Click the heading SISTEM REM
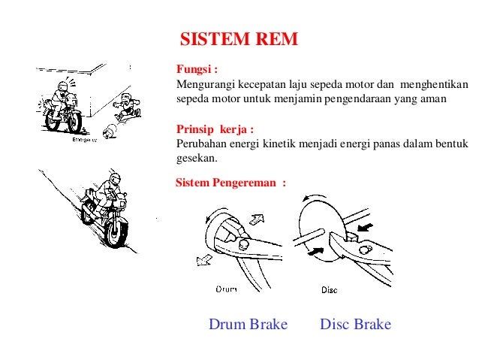tap(239, 38)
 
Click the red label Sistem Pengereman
tap(230, 183)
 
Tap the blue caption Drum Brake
tap(248, 325)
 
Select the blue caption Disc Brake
tap(355, 325)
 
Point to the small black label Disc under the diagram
tap(329, 289)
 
